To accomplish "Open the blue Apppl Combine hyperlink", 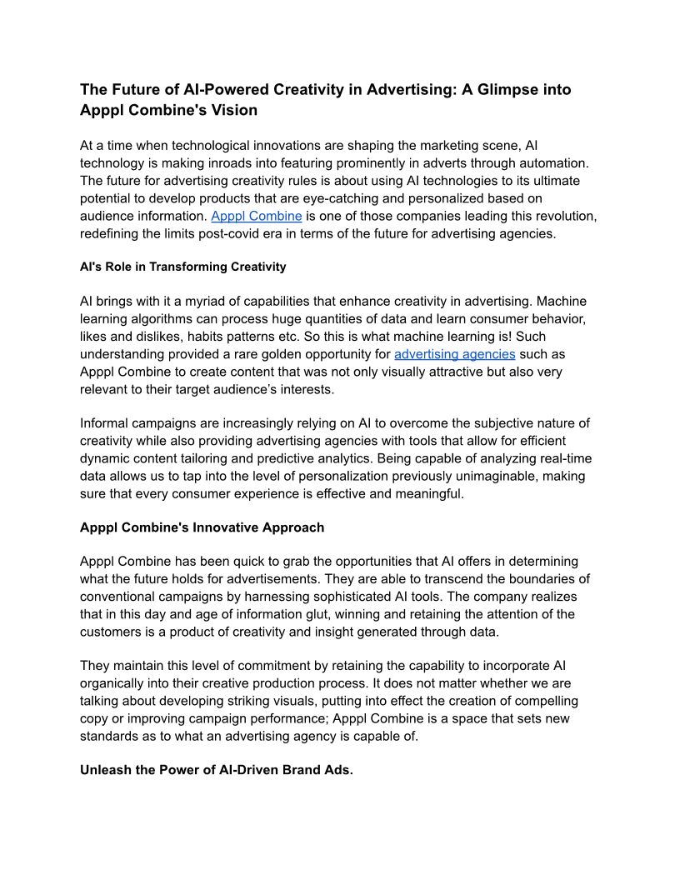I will [257, 216].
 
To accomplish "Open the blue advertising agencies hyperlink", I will [455, 354].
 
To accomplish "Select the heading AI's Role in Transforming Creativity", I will [182, 267].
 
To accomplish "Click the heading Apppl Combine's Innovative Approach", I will [202, 527].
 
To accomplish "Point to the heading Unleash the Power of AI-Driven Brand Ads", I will [217, 770].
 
